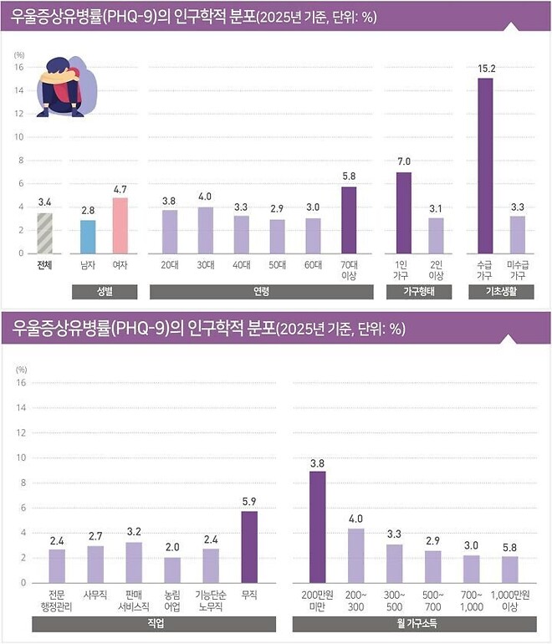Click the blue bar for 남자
[88, 237]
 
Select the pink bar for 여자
[120, 225]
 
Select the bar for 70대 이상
[349, 219]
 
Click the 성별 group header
[104, 292]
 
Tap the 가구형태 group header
[418, 292]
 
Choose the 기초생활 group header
[501, 292]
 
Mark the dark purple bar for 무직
[250, 547]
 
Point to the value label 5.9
[250, 502]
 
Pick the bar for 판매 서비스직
[134, 562]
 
